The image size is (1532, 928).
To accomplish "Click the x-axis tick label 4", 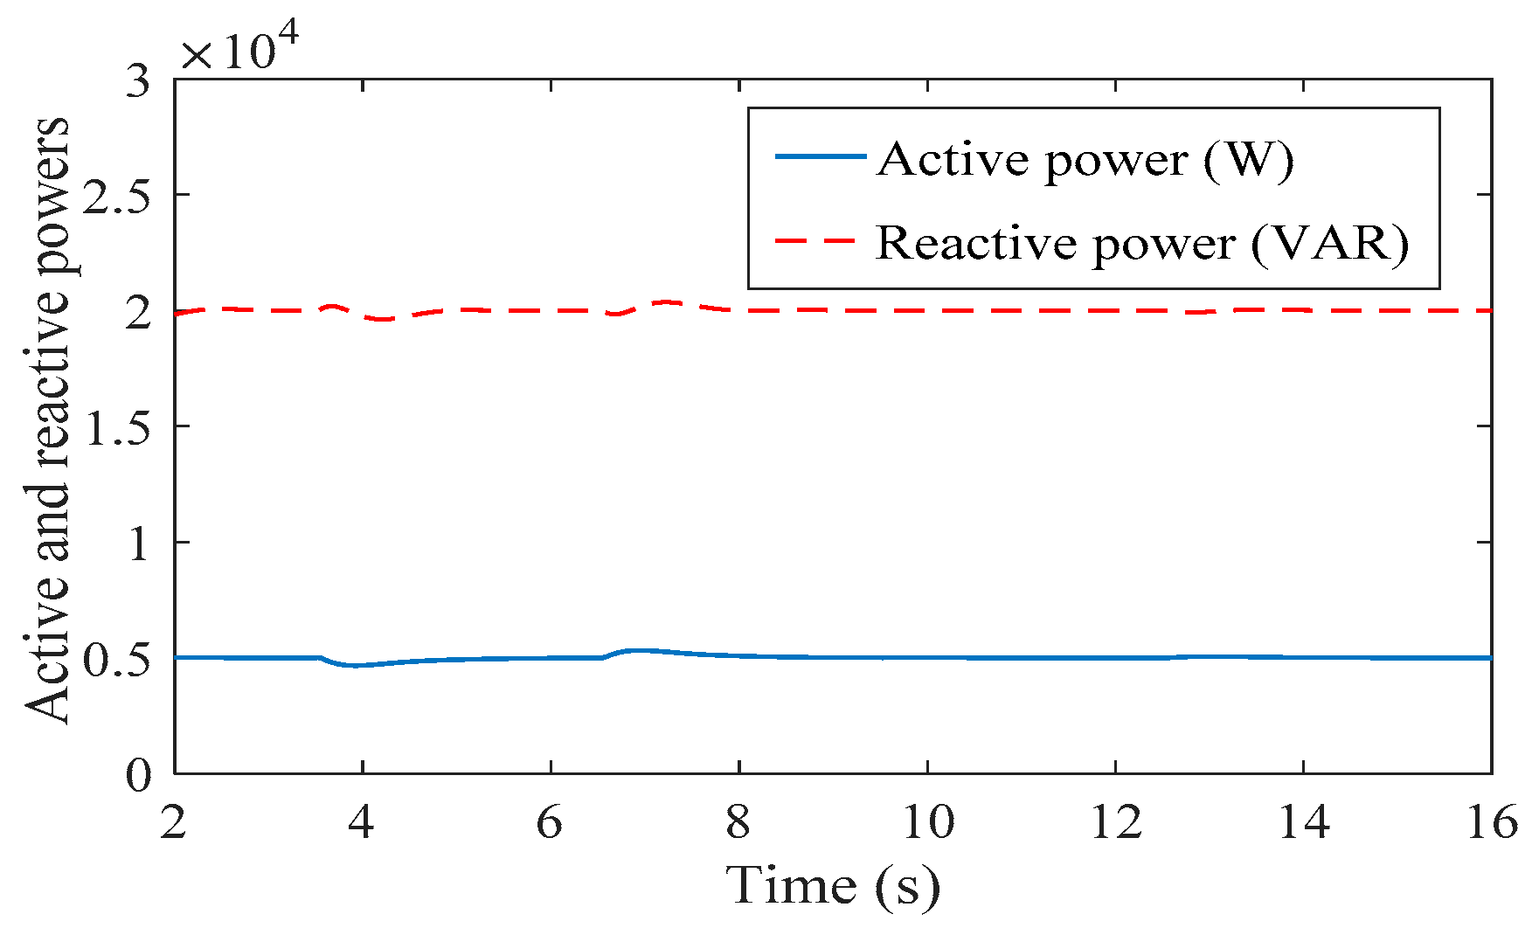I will point(361,822).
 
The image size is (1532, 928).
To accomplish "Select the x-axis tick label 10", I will point(926,822).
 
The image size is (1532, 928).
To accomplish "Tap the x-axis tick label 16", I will point(1492,822).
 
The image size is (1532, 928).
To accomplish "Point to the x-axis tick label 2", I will point(173,822).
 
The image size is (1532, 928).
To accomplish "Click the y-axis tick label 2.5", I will point(116,194).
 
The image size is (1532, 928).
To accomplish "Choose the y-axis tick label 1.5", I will point(116,426).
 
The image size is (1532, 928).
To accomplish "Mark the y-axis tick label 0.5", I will point(116,658).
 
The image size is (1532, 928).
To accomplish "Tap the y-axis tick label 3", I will point(138,80).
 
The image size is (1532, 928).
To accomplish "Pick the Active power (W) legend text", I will point(1085,159).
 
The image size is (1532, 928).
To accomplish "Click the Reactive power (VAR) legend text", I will point(1142,242).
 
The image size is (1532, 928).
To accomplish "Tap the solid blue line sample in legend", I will point(820,156).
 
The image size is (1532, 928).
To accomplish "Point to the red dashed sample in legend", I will point(815,240).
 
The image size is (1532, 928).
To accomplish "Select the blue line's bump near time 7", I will point(640,651).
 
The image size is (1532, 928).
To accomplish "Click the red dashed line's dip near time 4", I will point(383,319).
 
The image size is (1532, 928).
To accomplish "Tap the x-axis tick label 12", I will point(1115,822).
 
